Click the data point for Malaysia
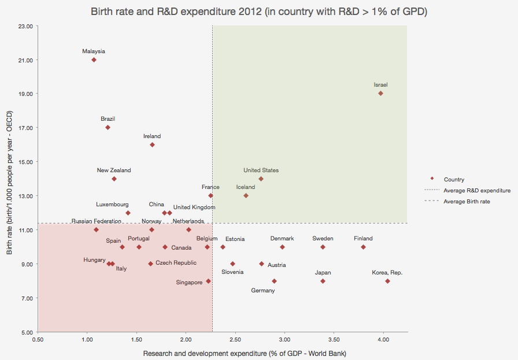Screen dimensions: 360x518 click(x=94, y=60)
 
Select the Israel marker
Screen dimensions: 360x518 click(x=380, y=93)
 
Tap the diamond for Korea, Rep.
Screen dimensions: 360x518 click(x=387, y=281)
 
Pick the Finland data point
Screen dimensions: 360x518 click(x=363, y=247)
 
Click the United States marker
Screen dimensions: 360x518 click(x=261, y=179)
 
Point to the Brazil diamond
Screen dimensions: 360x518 click(x=108, y=127)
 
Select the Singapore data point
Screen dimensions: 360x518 click(x=208, y=281)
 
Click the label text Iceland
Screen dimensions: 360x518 click(x=245, y=187)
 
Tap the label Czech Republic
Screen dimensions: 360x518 click(x=176, y=263)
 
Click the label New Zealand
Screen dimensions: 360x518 click(x=114, y=170)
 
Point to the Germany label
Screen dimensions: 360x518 click(x=263, y=291)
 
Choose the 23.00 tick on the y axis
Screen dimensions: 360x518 click(x=24, y=26)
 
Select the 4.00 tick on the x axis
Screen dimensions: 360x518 click(x=383, y=341)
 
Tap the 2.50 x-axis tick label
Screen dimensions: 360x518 click(x=235, y=341)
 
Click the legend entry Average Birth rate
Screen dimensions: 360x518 click(x=467, y=201)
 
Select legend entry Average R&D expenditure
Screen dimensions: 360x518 click(x=476, y=190)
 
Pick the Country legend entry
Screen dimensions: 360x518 click(x=454, y=180)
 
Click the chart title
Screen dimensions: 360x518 click(x=258, y=12)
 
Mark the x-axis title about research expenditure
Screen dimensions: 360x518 click(x=223, y=352)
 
